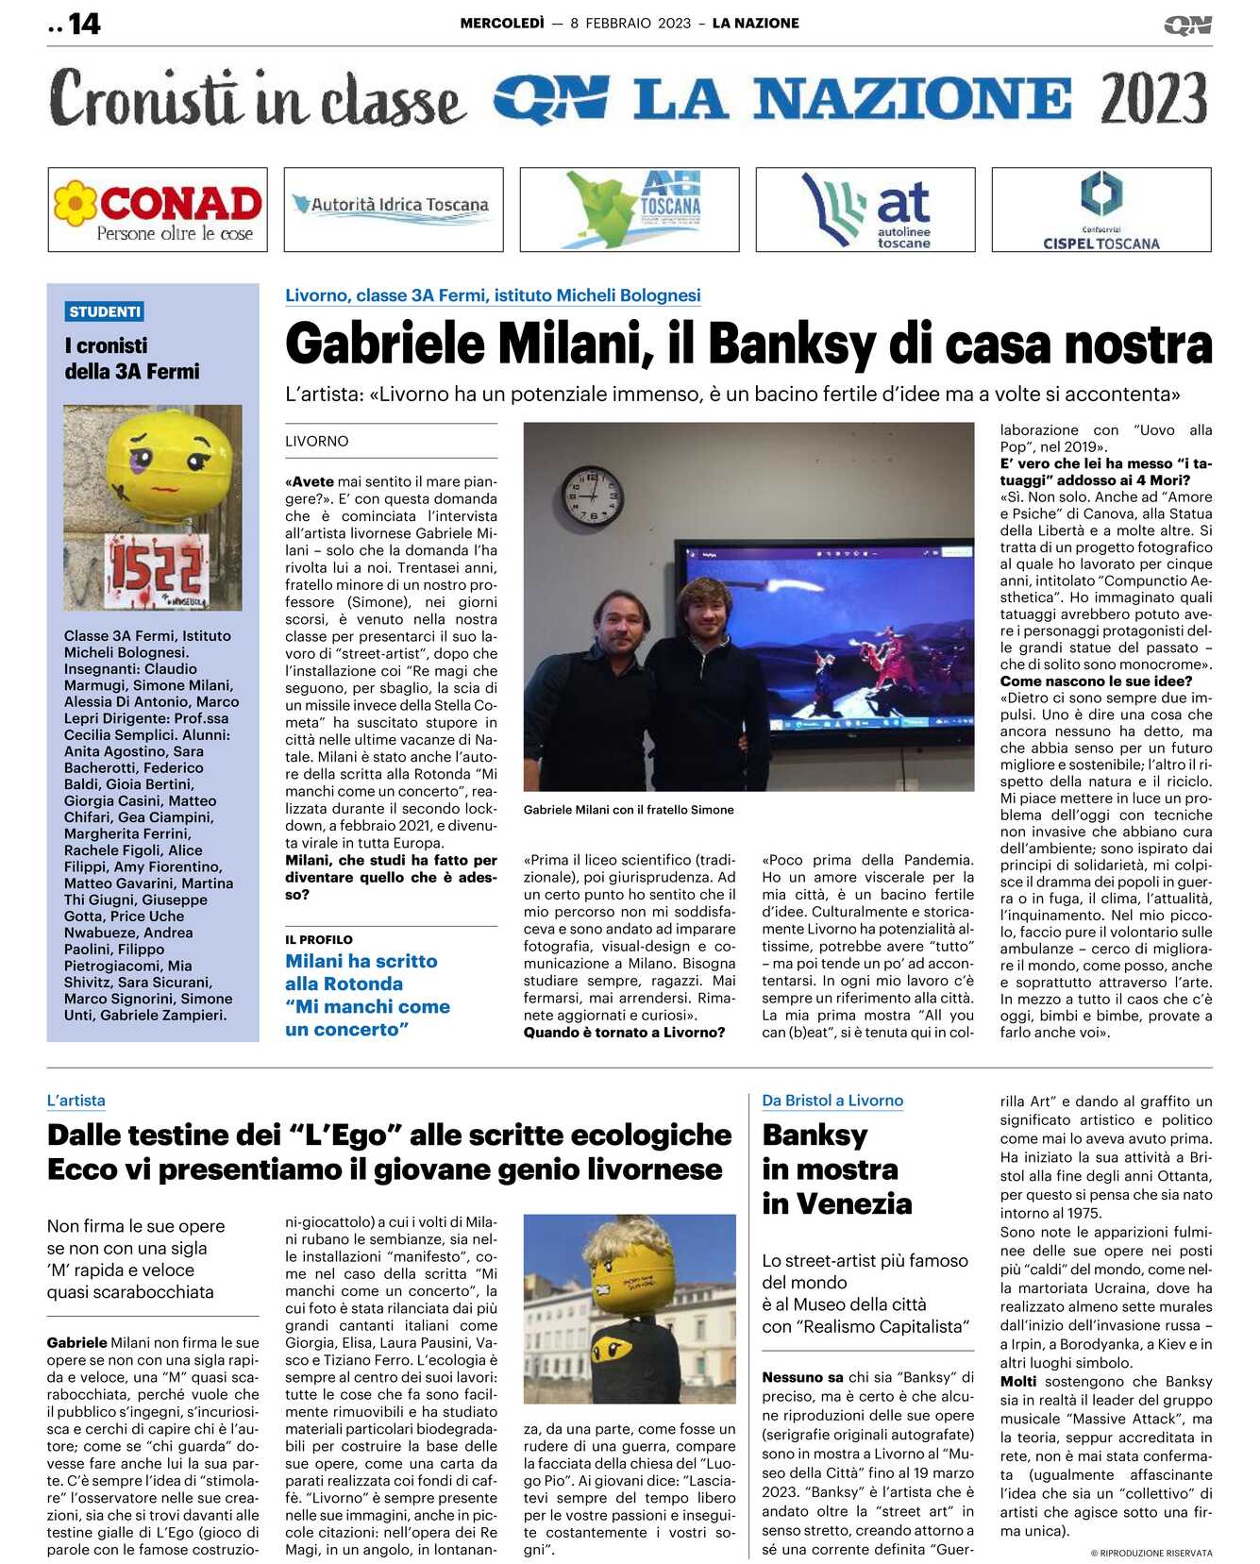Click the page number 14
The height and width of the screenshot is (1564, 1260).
(x=84, y=24)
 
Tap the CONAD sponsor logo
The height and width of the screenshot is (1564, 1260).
(x=158, y=210)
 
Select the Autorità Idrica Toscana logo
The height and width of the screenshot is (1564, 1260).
(x=394, y=210)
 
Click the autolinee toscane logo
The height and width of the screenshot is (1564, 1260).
(x=865, y=210)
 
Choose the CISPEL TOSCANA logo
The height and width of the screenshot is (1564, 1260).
(x=1101, y=210)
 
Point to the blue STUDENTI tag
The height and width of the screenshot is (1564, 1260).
(x=105, y=311)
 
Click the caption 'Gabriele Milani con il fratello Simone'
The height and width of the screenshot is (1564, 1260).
(x=629, y=810)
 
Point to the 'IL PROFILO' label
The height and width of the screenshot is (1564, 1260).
(x=319, y=940)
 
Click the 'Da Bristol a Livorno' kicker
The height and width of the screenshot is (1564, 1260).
(x=832, y=1101)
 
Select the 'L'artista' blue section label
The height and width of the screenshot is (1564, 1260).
(x=76, y=1101)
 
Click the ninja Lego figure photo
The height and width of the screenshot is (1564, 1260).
(x=630, y=1309)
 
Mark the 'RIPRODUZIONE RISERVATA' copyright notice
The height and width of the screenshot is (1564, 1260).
(x=1151, y=1553)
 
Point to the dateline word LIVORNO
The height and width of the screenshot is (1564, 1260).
(x=317, y=442)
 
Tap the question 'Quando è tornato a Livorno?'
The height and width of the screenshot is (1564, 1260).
(x=625, y=1033)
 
